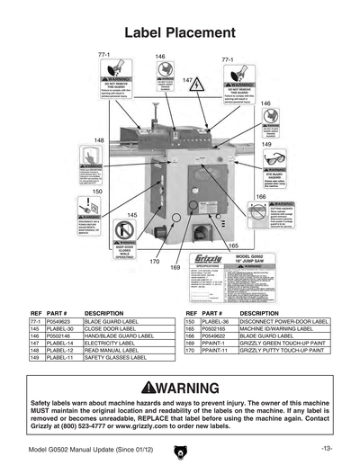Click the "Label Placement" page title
[x=179, y=34]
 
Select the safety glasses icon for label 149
[x=274, y=167]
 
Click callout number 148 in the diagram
[x=98, y=141]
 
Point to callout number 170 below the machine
[x=154, y=261]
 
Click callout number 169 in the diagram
[x=175, y=268]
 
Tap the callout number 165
[x=233, y=245]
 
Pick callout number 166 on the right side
[x=260, y=195]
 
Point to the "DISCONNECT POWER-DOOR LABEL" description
[x=283, y=319]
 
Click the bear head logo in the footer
[x=180, y=451]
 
